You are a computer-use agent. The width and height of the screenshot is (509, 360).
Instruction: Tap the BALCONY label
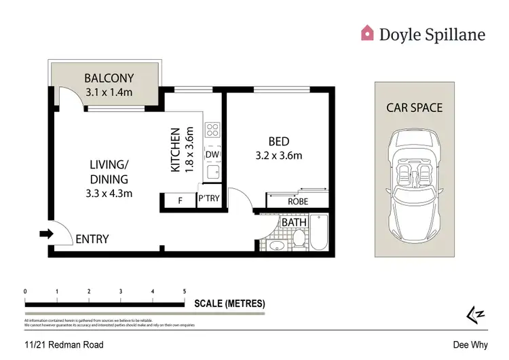109,77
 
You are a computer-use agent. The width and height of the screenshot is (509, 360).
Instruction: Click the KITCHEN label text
175,149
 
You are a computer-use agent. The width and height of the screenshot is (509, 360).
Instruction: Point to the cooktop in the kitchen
212,129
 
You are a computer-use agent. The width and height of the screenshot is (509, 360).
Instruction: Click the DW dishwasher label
211,155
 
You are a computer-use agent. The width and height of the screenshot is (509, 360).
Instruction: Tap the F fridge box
181,200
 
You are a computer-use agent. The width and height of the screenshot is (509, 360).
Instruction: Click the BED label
279,141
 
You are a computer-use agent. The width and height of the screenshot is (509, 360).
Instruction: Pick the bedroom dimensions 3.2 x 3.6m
278,156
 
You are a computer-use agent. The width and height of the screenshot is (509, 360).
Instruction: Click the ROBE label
298,202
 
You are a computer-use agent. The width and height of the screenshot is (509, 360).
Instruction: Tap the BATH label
295,222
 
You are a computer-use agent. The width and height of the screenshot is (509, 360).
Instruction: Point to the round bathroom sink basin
276,246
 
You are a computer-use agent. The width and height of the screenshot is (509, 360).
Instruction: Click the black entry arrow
46,234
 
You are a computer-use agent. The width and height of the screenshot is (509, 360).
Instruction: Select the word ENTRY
92,239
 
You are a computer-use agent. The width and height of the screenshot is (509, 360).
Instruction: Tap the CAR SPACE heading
414,107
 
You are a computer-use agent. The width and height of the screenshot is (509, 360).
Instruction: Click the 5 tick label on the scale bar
185,291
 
